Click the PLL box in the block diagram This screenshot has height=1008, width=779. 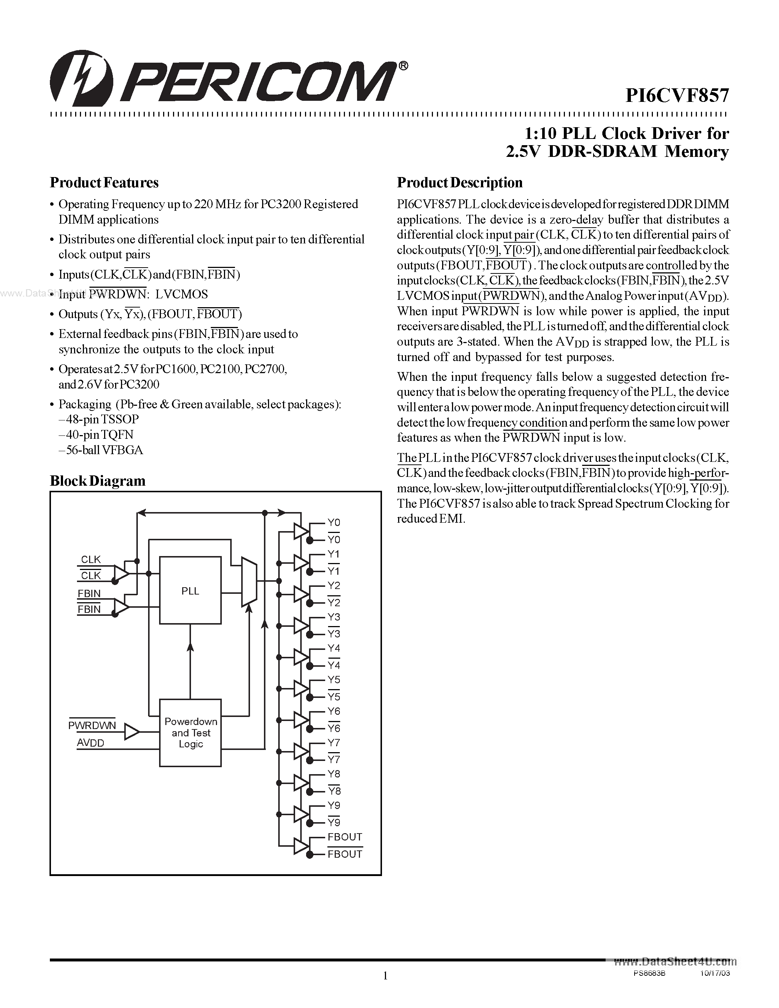pyautogui.click(x=190, y=591)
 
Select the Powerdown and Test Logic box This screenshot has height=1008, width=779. pyautogui.click(x=190, y=733)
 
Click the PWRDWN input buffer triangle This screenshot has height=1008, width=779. pyautogui.click(x=132, y=732)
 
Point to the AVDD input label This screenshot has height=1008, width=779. pyautogui.click(x=91, y=743)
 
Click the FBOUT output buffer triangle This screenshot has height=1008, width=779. pyautogui.click(x=301, y=846)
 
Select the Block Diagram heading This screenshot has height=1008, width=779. pyautogui.click(x=98, y=481)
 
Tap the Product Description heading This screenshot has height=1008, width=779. pyautogui.click(x=460, y=183)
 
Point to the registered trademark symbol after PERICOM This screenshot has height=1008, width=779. pyautogui.click(x=403, y=66)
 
